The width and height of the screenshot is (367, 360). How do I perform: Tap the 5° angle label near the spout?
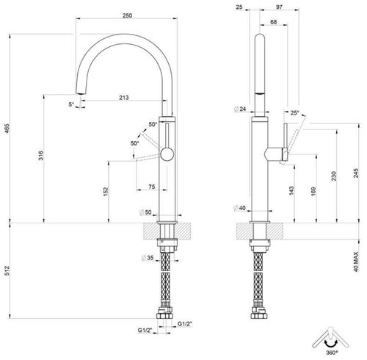tap(71, 104)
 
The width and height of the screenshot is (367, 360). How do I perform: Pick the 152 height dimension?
tap(107, 192)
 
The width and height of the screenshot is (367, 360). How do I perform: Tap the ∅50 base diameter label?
tap(145, 213)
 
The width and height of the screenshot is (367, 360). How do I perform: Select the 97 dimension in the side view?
tap(278, 7)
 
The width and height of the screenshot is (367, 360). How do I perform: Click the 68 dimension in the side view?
tap(273, 24)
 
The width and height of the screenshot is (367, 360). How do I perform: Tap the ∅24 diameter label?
tap(239, 109)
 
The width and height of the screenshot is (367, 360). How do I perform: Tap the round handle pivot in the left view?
tap(168, 154)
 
